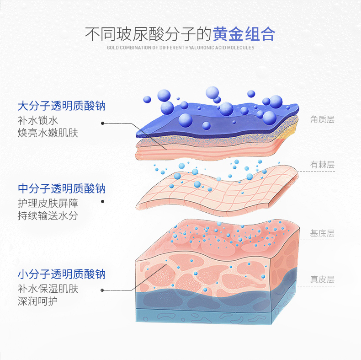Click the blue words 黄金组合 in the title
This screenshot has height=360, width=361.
(244, 34)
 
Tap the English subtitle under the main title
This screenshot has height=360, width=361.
(180, 48)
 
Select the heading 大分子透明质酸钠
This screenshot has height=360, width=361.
(62, 106)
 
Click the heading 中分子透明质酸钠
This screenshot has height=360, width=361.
(62, 188)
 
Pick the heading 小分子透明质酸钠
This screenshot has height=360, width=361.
(62, 274)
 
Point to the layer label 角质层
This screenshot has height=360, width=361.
(322, 119)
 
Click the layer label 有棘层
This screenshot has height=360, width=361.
(322, 165)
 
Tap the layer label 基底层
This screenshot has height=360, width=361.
(322, 233)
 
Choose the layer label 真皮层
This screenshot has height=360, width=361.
(322, 279)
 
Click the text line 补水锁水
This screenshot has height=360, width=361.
(38, 121)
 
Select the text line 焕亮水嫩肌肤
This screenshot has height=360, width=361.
(48, 133)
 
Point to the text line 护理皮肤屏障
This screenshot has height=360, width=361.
(48, 203)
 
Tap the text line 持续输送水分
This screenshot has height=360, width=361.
(48, 216)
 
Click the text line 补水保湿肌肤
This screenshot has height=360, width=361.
(48, 289)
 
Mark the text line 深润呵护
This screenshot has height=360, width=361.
(38, 301)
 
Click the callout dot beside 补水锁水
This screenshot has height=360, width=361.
(103, 124)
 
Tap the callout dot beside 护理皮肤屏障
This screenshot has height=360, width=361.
(103, 202)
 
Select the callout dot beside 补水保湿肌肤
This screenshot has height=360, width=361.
(103, 290)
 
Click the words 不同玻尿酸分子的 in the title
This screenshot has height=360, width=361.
(148, 34)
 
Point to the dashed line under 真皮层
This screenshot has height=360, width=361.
(316, 286)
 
